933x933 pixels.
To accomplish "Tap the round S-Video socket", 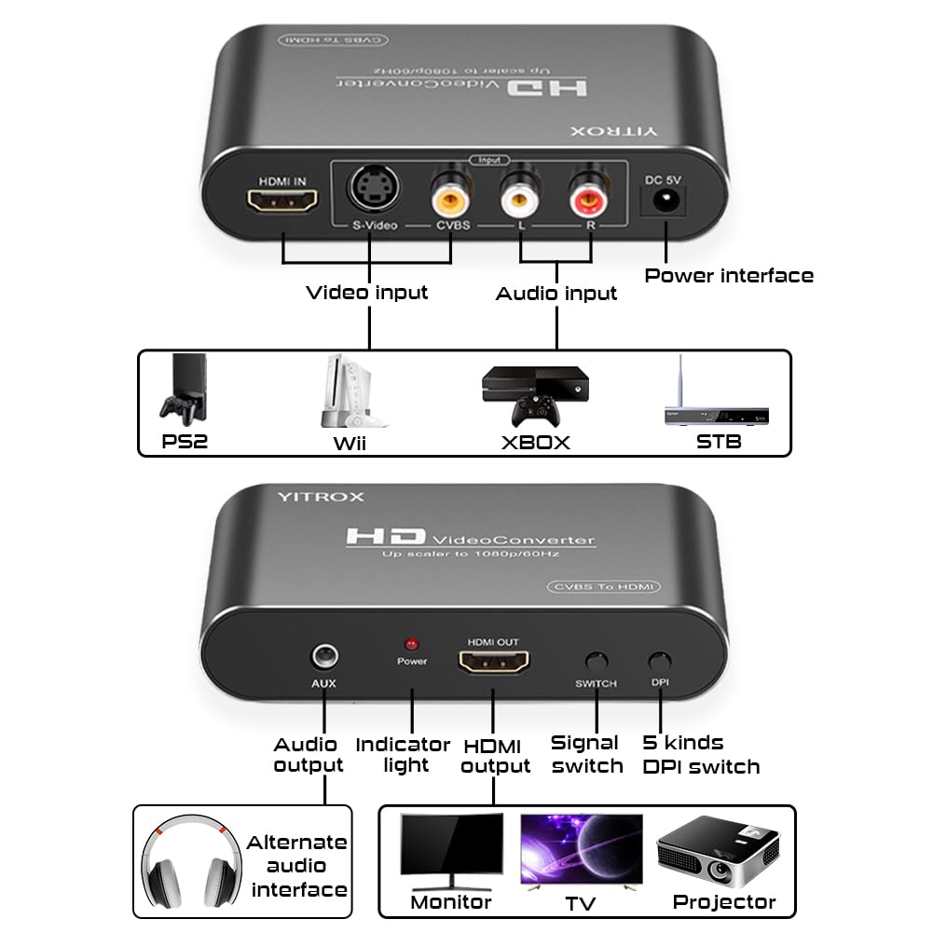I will [x=370, y=188].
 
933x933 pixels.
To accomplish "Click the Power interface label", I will [x=729, y=275].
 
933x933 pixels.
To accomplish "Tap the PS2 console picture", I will [x=182, y=390].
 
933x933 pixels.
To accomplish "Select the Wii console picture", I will [x=343, y=391].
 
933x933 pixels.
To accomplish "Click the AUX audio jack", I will [x=323, y=657].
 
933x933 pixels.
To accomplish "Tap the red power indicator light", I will [x=411, y=644].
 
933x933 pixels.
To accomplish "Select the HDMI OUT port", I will [x=494, y=663].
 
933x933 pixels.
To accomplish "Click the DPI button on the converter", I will [x=659, y=662].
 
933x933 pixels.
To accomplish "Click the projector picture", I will [x=718, y=853].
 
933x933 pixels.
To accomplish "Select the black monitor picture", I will [x=451, y=850].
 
